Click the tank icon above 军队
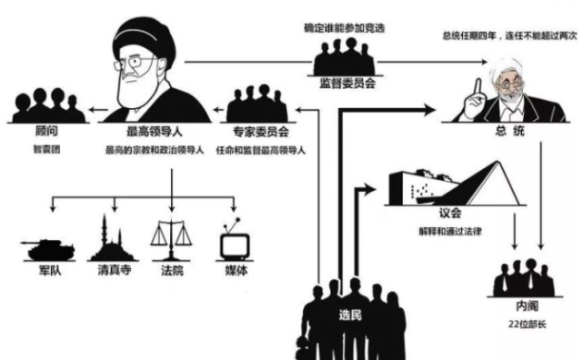click(x=47, y=250)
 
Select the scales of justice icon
click(x=171, y=240)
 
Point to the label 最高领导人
click(x=155, y=132)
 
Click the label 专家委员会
click(x=261, y=132)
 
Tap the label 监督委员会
click(x=347, y=83)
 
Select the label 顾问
click(x=46, y=131)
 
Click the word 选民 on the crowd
click(x=350, y=315)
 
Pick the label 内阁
click(x=527, y=306)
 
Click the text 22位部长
click(x=527, y=325)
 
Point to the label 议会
click(x=450, y=214)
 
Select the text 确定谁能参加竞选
click(x=345, y=28)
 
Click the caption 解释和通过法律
click(x=450, y=232)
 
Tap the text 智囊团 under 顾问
click(x=46, y=149)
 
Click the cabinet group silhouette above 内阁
click(x=524, y=278)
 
